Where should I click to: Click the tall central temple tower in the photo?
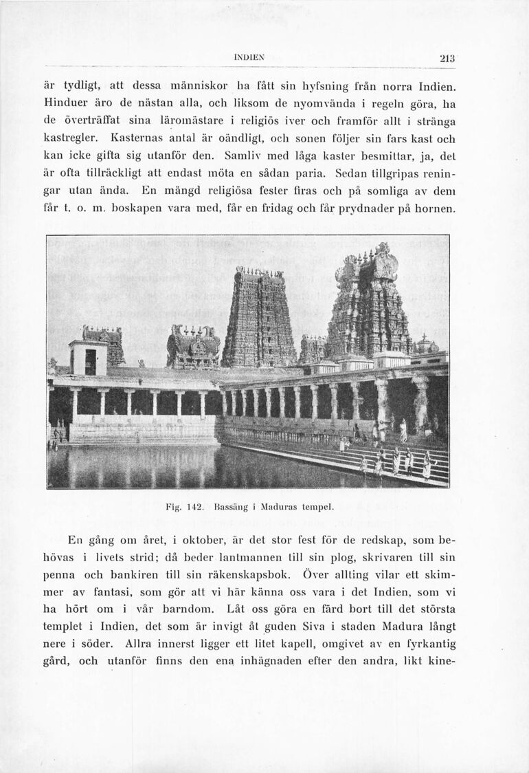point(258,320)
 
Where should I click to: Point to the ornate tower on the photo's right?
point(369,303)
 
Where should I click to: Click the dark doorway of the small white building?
point(90,362)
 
